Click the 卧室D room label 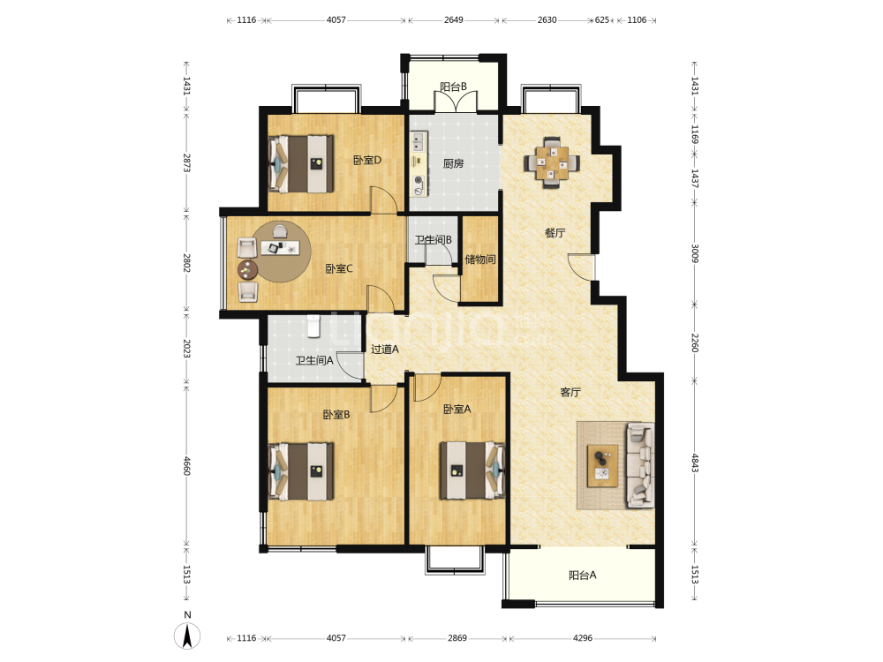pyautogui.click(x=367, y=161)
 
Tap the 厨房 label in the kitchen pyautogui.click(x=453, y=164)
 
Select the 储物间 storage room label pyautogui.click(x=480, y=260)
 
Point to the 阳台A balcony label pyautogui.click(x=582, y=575)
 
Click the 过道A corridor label pyautogui.click(x=385, y=349)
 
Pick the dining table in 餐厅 pyautogui.click(x=553, y=162)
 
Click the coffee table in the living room pyautogui.click(x=602, y=465)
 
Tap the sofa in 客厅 pyautogui.click(x=641, y=465)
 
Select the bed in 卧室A pyautogui.click(x=472, y=470)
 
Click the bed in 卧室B pyautogui.click(x=301, y=471)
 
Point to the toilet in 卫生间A pyautogui.click(x=313, y=326)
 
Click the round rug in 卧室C pyautogui.click(x=281, y=252)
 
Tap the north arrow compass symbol pyautogui.click(x=187, y=636)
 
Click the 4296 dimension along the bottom pyautogui.click(x=583, y=638)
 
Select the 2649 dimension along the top pyautogui.click(x=453, y=19)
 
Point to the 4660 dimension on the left pyautogui.click(x=187, y=465)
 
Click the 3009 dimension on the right pyautogui.click(x=695, y=253)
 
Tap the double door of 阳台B pyautogui.click(x=456, y=101)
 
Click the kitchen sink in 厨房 pyautogui.click(x=419, y=141)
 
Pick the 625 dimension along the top pyautogui.click(x=602, y=19)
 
